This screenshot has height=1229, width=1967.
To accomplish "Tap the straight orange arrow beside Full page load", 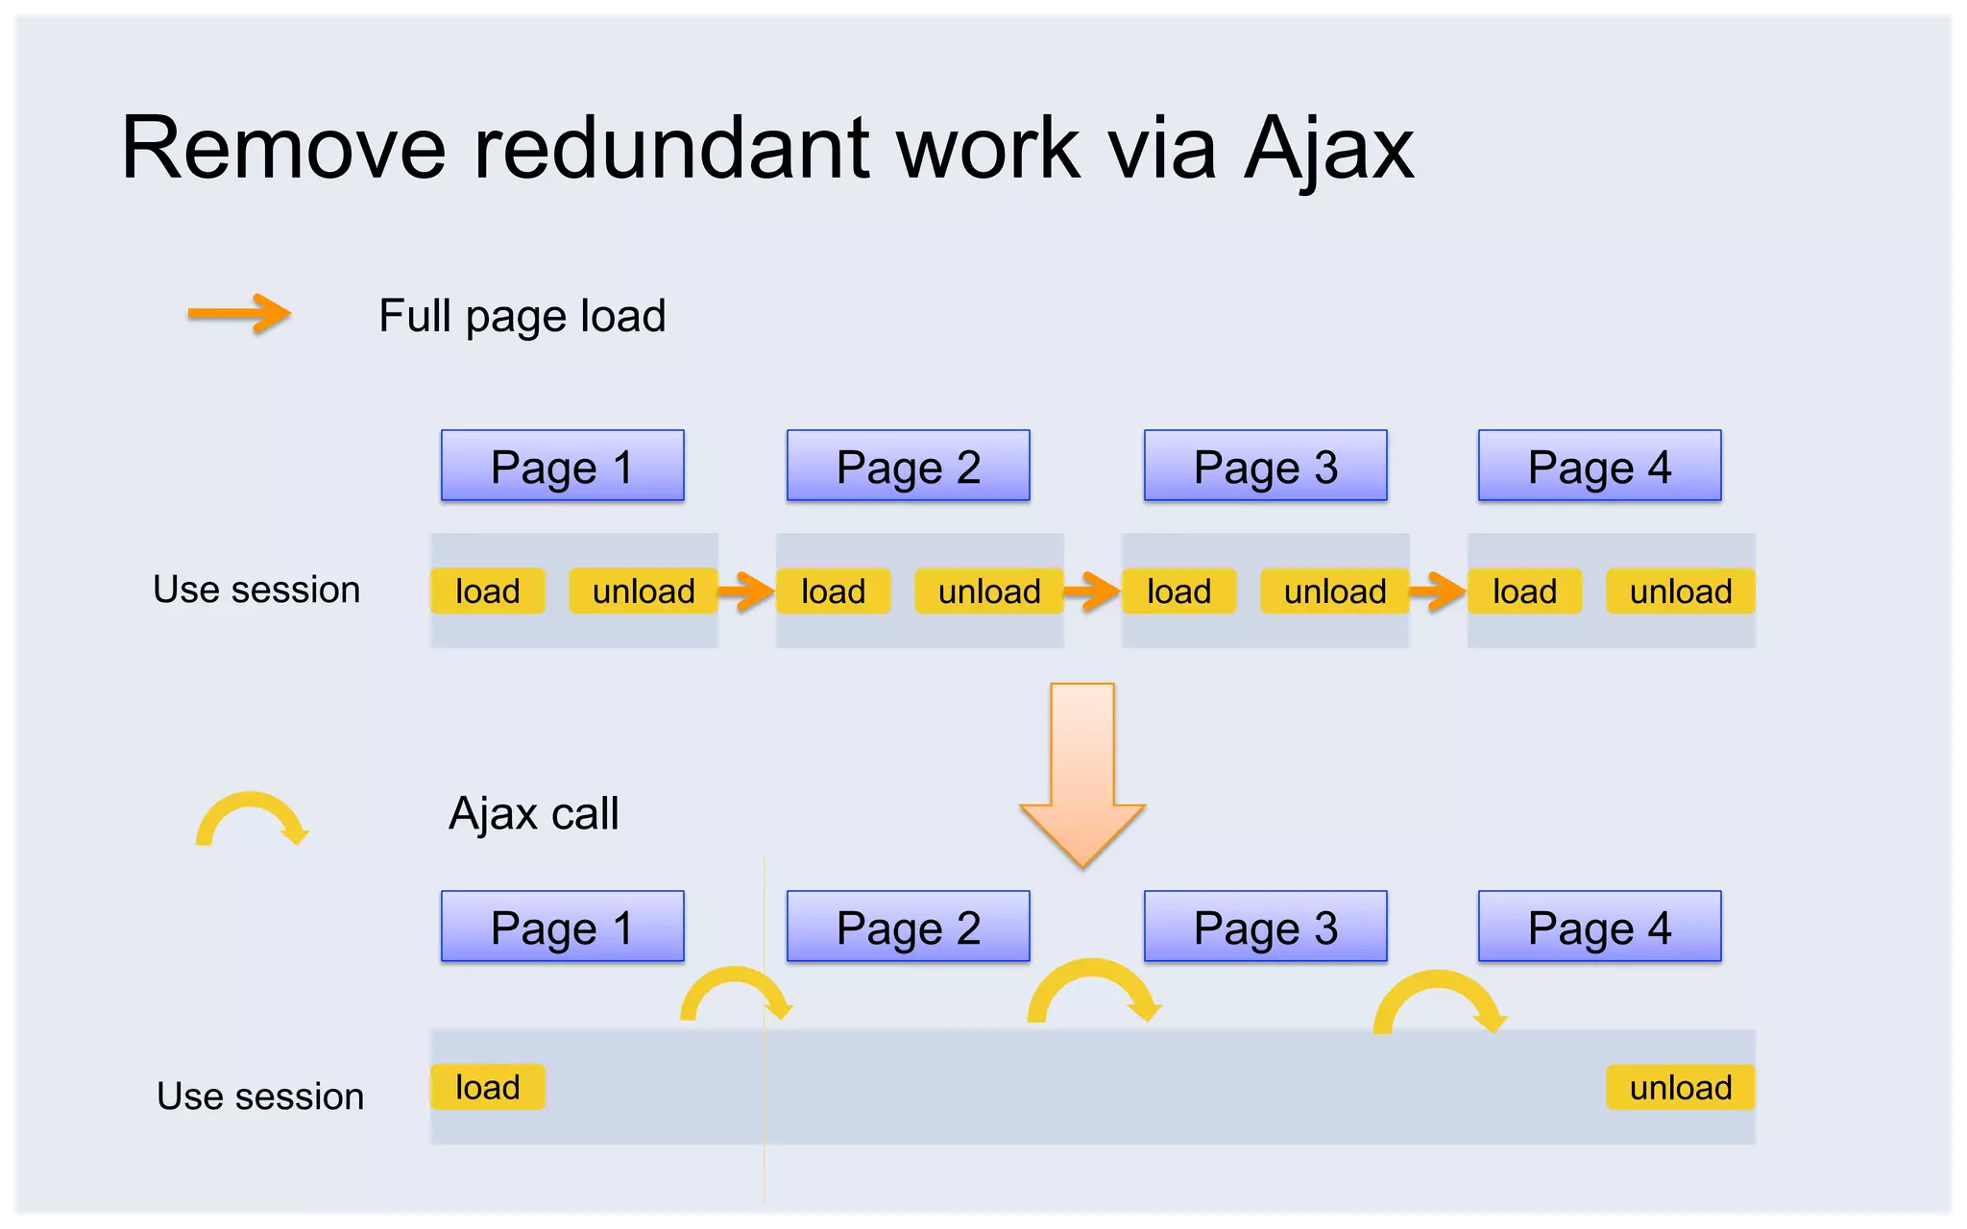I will click(x=239, y=313).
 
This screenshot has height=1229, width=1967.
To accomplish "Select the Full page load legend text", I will click(x=522, y=316).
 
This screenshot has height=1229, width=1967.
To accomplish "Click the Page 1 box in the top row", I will click(x=562, y=466).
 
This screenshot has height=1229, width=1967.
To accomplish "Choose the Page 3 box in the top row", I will click(x=1265, y=466).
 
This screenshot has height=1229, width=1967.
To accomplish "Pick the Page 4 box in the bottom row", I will click(x=1599, y=927).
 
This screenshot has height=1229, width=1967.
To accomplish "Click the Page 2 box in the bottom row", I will click(x=908, y=927).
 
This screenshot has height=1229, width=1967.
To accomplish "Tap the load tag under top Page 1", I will click(x=487, y=590).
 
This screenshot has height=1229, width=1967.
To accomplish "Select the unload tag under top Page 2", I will click(x=989, y=590).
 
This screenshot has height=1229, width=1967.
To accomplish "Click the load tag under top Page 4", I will click(x=1524, y=590).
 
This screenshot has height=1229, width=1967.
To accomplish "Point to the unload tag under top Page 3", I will click(x=1335, y=590).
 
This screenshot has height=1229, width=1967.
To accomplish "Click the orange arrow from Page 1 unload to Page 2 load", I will click(x=747, y=590).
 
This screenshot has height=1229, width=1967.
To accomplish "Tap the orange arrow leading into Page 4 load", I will click(x=1439, y=590).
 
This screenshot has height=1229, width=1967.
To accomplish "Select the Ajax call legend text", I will click(x=533, y=813).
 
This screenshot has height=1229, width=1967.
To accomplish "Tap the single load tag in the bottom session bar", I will click(x=487, y=1087).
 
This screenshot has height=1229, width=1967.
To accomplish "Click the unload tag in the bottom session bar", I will click(x=1680, y=1087).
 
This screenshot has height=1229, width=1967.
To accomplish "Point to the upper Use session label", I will click(x=256, y=590).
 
